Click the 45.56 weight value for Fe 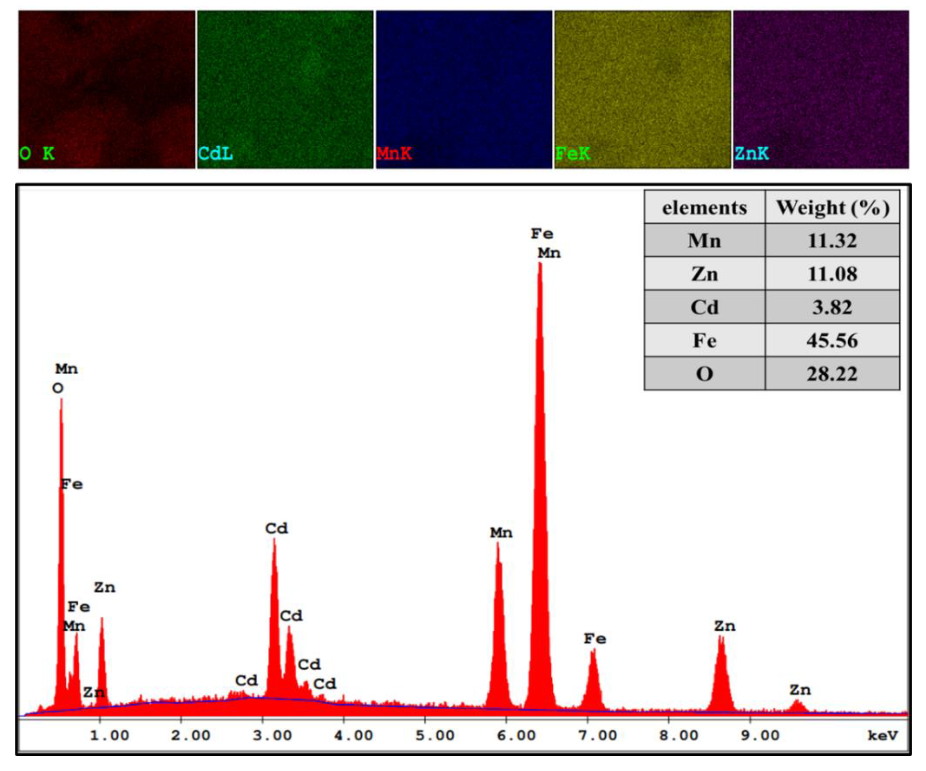pyautogui.click(x=832, y=340)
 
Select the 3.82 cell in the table pyautogui.click(x=832, y=307)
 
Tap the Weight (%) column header pyautogui.click(x=832, y=208)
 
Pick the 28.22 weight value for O pyautogui.click(x=832, y=374)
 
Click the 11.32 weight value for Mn pyautogui.click(x=832, y=241)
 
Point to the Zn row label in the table pyautogui.click(x=704, y=274)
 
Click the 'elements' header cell pyautogui.click(x=704, y=208)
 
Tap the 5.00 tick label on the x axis pyautogui.click(x=435, y=735)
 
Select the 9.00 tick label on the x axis pyautogui.click(x=760, y=735)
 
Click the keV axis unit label pyautogui.click(x=883, y=735)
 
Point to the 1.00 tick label pyautogui.click(x=109, y=735)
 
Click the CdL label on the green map pyautogui.click(x=215, y=153)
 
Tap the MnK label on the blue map pyautogui.click(x=394, y=153)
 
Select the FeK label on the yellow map pyautogui.click(x=572, y=153)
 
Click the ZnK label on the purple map pyautogui.click(x=751, y=153)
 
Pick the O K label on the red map pyautogui.click(x=37, y=153)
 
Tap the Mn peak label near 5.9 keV pyautogui.click(x=501, y=532)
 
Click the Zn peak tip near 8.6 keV pyautogui.click(x=721, y=636)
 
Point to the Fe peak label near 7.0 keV pyautogui.click(x=595, y=638)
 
